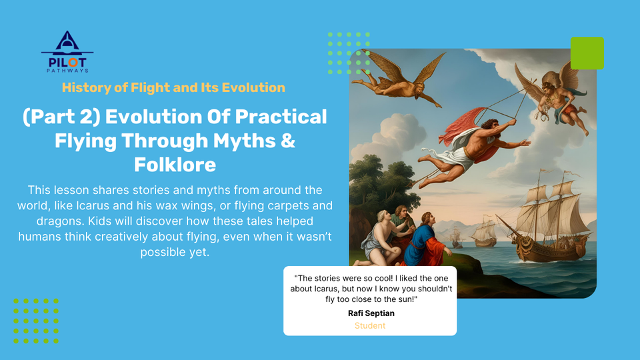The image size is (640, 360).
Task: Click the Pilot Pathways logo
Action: [67, 52]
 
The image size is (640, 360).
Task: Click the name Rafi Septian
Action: [370, 313]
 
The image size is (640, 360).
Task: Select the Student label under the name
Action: [370, 325]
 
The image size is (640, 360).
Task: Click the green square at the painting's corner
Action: [587, 53]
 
